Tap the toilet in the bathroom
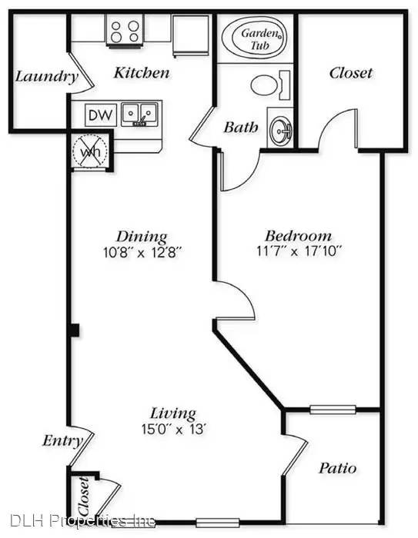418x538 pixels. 270,85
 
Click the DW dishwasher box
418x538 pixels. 101,115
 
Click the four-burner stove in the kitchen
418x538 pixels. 125,31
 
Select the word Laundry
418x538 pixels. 47,77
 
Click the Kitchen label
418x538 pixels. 142,72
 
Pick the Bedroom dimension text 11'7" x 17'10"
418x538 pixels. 299,251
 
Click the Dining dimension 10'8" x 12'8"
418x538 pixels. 142,253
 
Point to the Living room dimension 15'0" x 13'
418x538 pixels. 174,429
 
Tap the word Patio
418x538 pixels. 338,468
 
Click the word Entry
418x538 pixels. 63,440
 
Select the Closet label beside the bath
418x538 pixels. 351,73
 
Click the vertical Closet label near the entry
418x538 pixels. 84,496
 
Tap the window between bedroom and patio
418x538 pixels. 333,410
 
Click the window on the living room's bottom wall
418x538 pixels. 218,523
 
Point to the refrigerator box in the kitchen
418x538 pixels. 190,35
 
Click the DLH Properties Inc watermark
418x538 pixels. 82,521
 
